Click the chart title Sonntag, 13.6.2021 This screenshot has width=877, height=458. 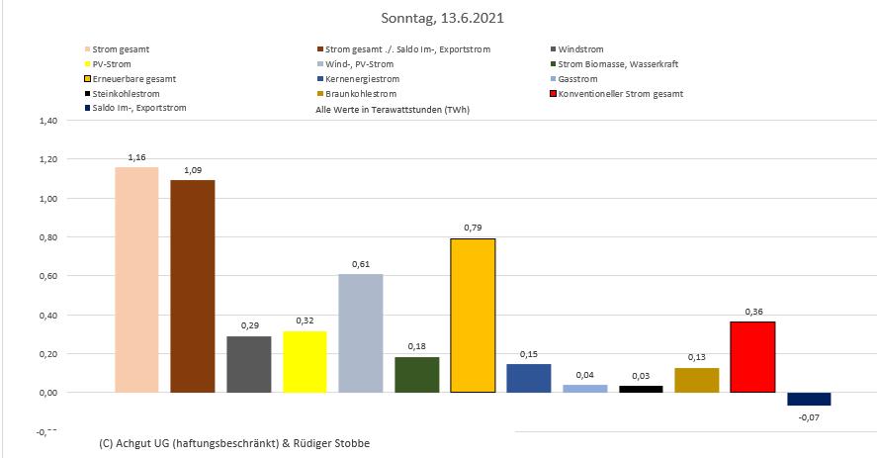pyautogui.click(x=438, y=18)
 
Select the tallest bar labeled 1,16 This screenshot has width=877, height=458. pyautogui.click(x=136, y=279)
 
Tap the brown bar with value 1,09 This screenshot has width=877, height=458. pyautogui.click(x=192, y=286)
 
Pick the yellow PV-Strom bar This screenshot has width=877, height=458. pyautogui.click(x=305, y=361)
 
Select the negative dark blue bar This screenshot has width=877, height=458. pyautogui.click(x=809, y=400)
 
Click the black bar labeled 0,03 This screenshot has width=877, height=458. pyautogui.click(x=641, y=389)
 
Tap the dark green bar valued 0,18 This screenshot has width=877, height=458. pyautogui.click(x=416, y=374)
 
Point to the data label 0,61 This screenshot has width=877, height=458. pyautogui.click(x=360, y=264)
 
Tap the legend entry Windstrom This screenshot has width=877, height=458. pyautogui.click(x=580, y=48)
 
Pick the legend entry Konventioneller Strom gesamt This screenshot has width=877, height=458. pyautogui.click(x=620, y=93)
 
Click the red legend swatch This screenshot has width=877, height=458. pyautogui.click(x=552, y=93)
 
